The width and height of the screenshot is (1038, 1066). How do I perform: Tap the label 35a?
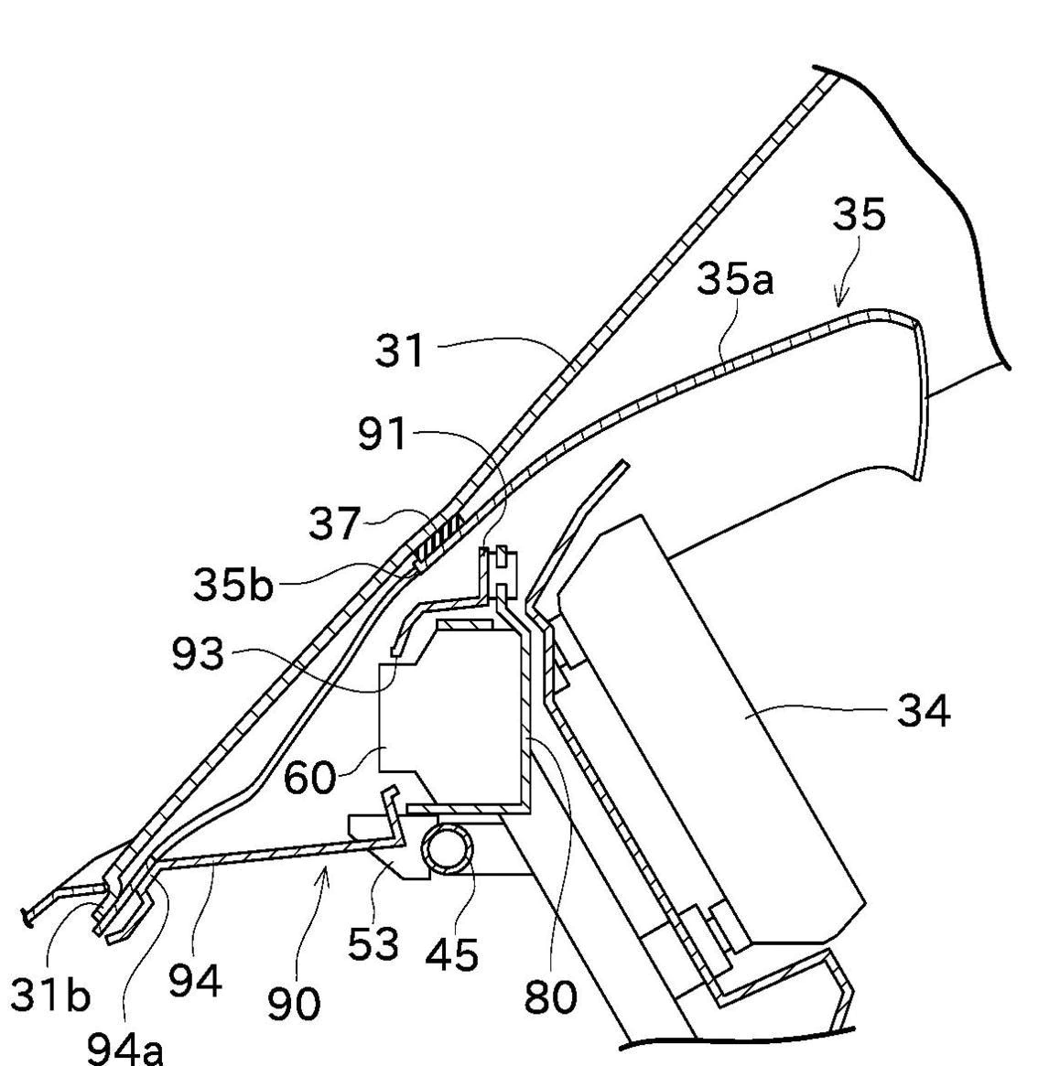tap(734, 278)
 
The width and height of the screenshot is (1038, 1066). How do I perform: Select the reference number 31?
tap(400, 350)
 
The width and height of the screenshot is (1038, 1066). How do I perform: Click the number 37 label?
tap(334, 524)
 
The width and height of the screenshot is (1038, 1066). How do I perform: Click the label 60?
tap(308, 778)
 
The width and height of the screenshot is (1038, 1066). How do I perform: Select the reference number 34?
tap(923, 711)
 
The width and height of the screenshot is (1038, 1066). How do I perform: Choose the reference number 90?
tap(294, 1004)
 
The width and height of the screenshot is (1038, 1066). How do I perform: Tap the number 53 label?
tap(373, 943)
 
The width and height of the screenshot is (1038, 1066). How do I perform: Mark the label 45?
tap(451, 955)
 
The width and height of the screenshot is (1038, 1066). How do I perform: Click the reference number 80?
tap(551, 996)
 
